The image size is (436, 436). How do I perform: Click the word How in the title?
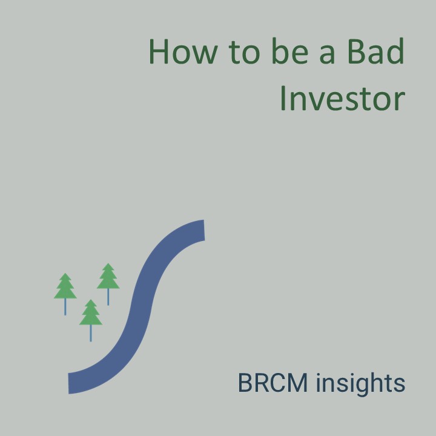click(183, 51)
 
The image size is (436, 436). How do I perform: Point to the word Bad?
click(376, 51)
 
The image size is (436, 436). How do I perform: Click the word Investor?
click(343, 98)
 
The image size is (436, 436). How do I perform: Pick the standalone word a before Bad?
click(327, 55)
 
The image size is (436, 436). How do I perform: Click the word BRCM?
click(272, 383)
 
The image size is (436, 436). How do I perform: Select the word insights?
click(361, 384)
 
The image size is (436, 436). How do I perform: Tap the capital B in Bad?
click(356, 51)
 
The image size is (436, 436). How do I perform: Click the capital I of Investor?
click(283, 98)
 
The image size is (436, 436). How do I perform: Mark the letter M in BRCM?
click(298, 383)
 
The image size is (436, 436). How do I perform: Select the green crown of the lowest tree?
click(91, 312)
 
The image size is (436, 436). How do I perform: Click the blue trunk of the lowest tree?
click(91, 333)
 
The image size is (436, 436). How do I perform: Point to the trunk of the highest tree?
click(108, 297)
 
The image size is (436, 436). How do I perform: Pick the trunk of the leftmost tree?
click(65, 307)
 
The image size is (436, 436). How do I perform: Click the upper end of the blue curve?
click(204, 230)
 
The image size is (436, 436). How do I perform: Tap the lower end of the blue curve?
click(68, 384)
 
